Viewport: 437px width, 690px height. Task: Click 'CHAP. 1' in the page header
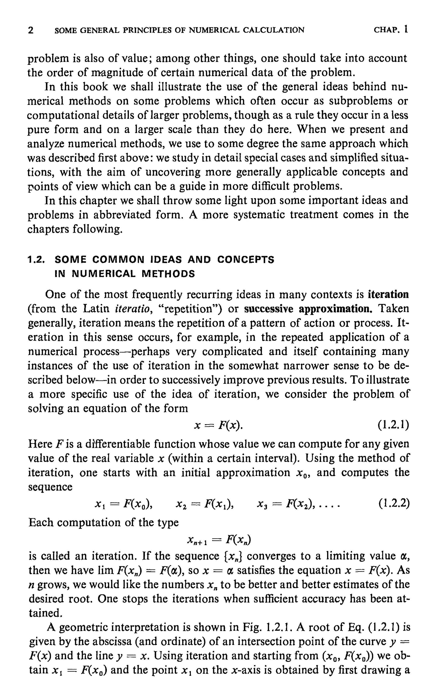coord(391,29)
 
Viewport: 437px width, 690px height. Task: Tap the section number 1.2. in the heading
coord(36,260)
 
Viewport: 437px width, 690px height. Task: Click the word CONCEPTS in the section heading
coord(246,260)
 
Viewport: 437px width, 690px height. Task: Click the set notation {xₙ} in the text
coord(233,556)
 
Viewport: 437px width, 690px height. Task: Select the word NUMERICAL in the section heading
coord(104,274)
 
